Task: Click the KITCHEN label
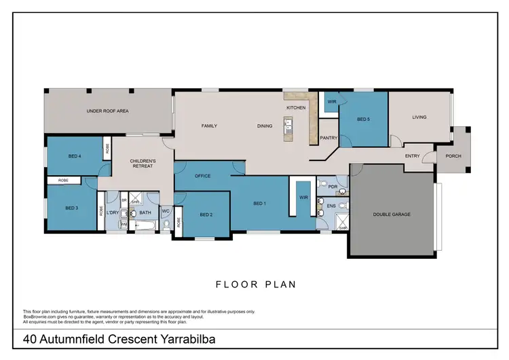pyautogui.click(x=296, y=108)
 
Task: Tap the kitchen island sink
pyautogui.click(x=288, y=125)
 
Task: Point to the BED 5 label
pyautogui.click(x=364, y=120)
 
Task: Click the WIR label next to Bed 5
pyautogui.click(x=332, y=102)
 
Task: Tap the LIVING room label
pyautogui.click(x=419, y=117)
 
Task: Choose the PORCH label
pyautogui.click(x=453, y=156)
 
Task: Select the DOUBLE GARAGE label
pyautogui.click(x=392, y=214)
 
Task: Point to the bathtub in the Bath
pyautogui.click(x=144, y=225)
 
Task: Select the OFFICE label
pyautogui.click(x=203, y=176)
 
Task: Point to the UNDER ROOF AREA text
pyautogui.click(x=107, y=110)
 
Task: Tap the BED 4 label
pyautogui.click(x=75, y=156)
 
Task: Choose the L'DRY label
pyautogui.click(x=112, y=213)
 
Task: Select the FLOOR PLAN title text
pyautogui.click(x=255, y=285)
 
